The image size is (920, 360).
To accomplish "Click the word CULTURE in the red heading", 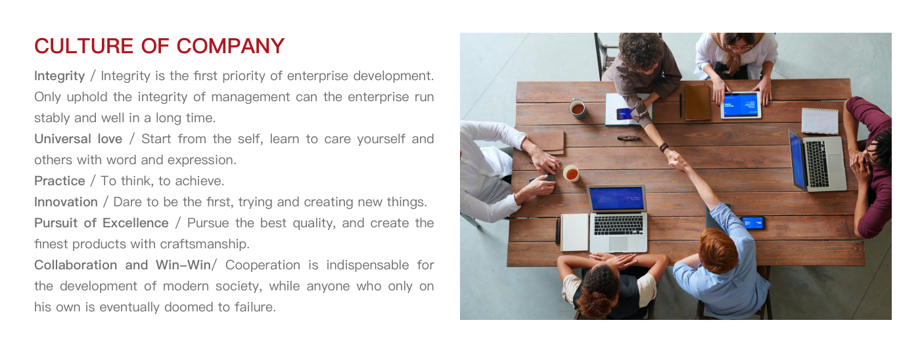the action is [84, 46].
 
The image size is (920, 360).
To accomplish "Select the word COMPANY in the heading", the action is [231, 46].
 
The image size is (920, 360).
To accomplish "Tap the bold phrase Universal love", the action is [78, 139].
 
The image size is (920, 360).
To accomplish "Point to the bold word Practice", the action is [60, 181].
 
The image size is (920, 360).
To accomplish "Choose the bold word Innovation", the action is [66, 202].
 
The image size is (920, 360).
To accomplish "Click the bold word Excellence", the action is [135, 223].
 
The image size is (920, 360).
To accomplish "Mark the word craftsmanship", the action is [204, 244].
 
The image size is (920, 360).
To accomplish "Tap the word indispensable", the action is [367, 265].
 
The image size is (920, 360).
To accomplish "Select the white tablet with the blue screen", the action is [741, 105].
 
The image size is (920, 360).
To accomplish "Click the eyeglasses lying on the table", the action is [629, 139].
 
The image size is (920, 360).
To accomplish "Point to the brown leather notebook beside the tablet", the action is [697, 102].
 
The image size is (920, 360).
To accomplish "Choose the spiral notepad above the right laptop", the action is [820, 121].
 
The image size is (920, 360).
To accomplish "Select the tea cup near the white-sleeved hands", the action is [571, 173].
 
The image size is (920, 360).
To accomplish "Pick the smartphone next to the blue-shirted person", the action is [753, 223].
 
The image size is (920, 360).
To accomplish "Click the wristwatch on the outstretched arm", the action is [664, 147].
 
